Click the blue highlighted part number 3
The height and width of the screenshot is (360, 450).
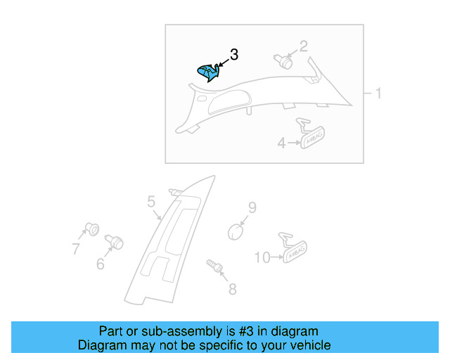[208, 72]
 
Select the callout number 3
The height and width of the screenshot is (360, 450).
[234, 54]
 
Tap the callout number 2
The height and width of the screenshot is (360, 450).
[304, 47]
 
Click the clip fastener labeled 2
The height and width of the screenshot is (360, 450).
[284, 61]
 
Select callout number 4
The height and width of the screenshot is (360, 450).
[281, 143]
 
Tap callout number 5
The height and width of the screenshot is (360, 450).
[151, 202]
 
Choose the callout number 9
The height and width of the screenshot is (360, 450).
[252, 207]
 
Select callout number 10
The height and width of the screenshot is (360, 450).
[261, 258]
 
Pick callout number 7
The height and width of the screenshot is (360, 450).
[75, 247]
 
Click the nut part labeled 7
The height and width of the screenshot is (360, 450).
[90, 229]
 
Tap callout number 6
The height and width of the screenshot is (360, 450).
[100, 264]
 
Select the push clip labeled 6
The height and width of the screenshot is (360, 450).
[114, 243]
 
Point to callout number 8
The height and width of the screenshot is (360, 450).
[232, 288]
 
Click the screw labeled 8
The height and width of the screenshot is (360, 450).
[215, 267]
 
